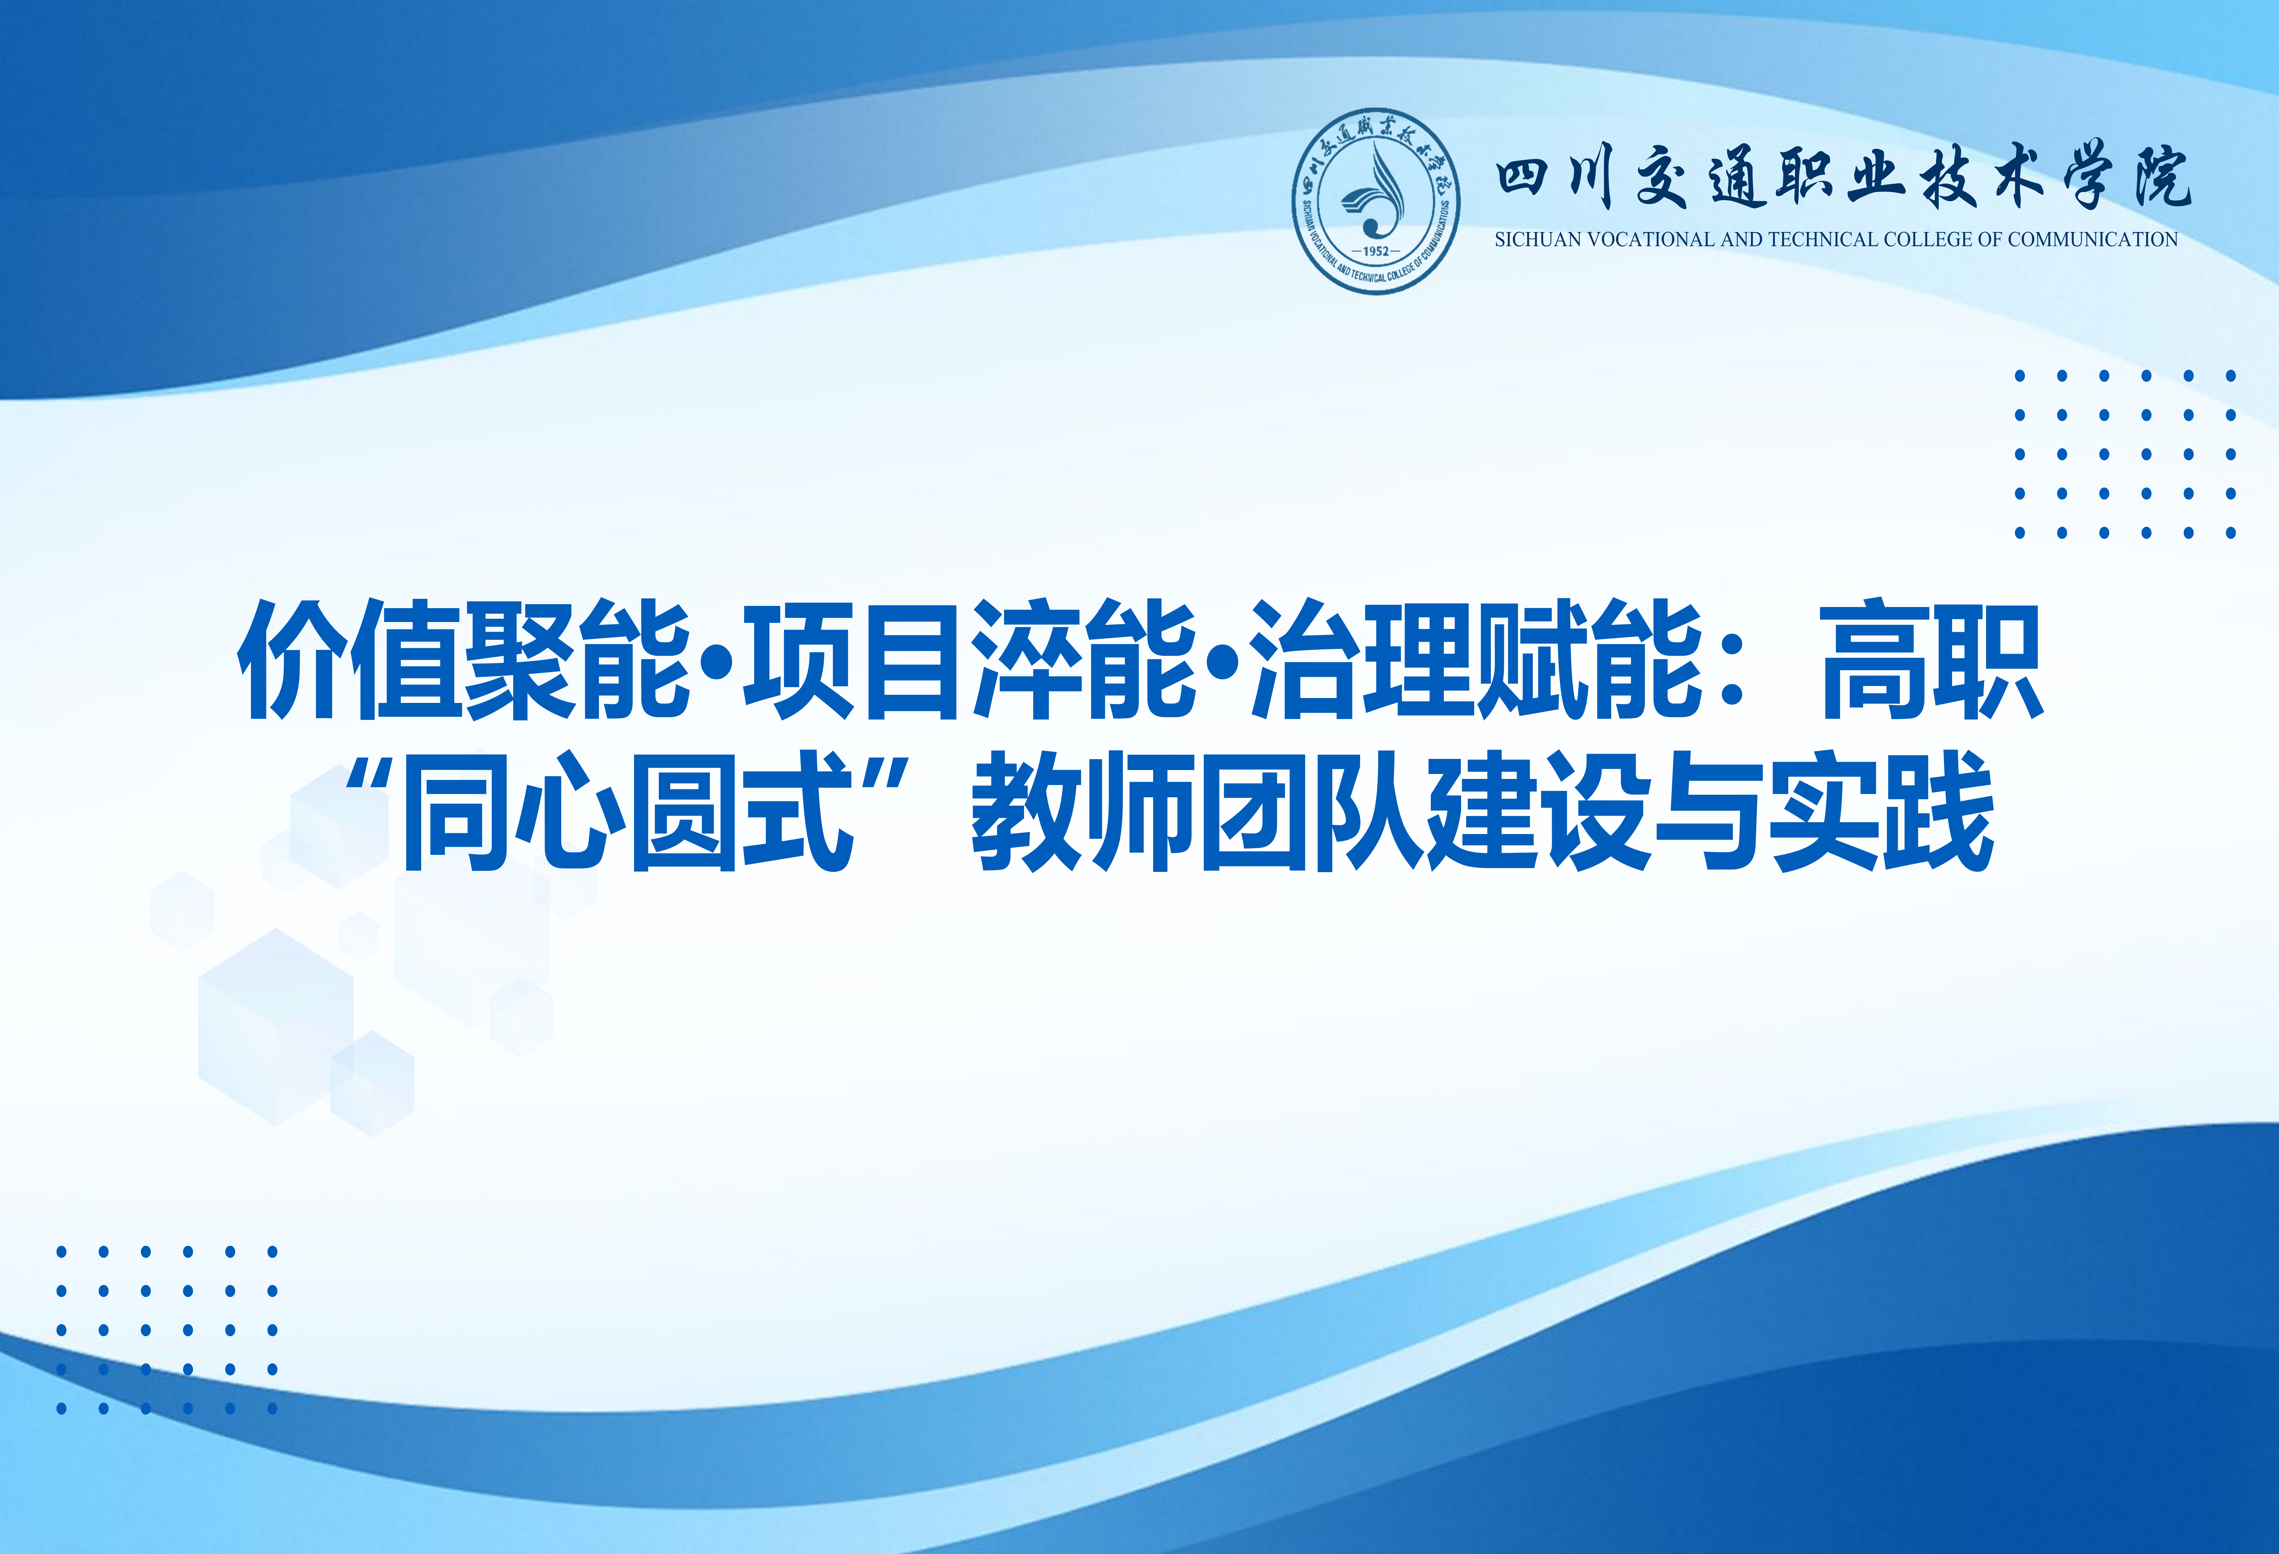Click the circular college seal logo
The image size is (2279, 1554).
[x=1376, y=201]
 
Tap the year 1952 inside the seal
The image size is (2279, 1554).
[x=1376, y=251]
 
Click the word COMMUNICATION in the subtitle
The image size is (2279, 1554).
[x=2093, y=239]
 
